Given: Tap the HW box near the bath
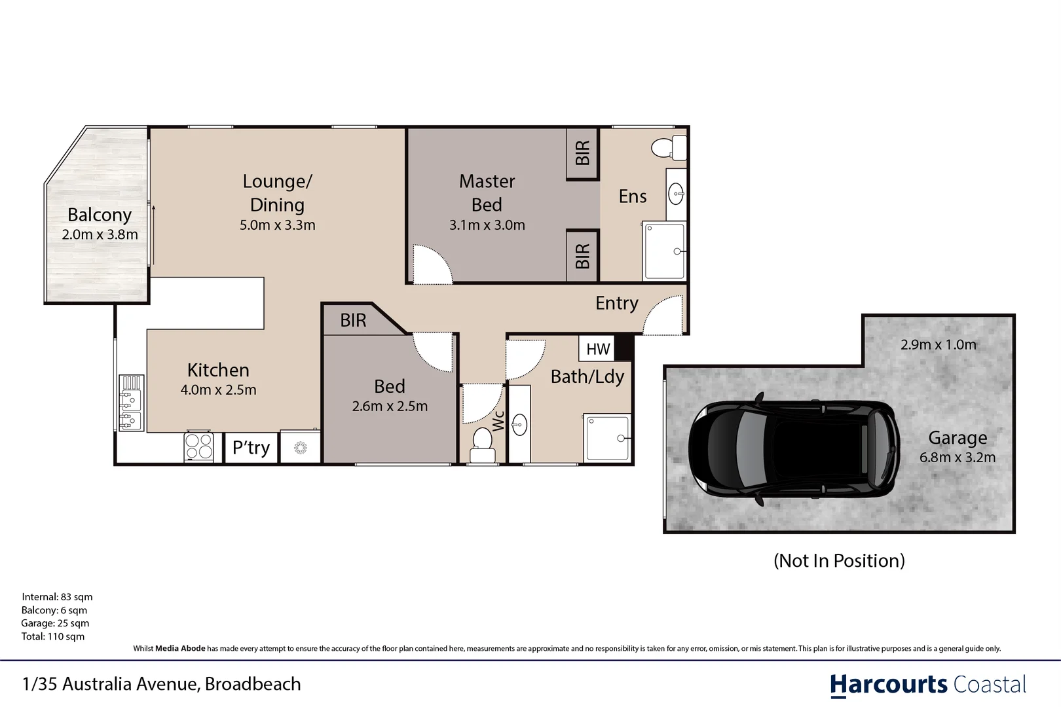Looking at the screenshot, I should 597,349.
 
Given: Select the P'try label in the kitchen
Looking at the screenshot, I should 251,448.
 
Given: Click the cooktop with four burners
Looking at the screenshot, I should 198,447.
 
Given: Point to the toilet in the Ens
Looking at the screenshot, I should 668,147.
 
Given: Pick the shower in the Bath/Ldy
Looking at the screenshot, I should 607,437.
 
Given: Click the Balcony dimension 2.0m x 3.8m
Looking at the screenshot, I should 100,234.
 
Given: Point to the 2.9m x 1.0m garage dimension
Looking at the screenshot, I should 938,344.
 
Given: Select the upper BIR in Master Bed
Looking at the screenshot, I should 582,153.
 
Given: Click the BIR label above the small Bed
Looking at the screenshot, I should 353,320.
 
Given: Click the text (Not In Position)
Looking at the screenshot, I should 839,560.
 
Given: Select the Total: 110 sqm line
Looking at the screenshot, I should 52,636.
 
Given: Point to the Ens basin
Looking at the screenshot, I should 676,194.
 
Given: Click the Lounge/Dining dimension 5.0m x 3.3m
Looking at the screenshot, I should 277,225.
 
